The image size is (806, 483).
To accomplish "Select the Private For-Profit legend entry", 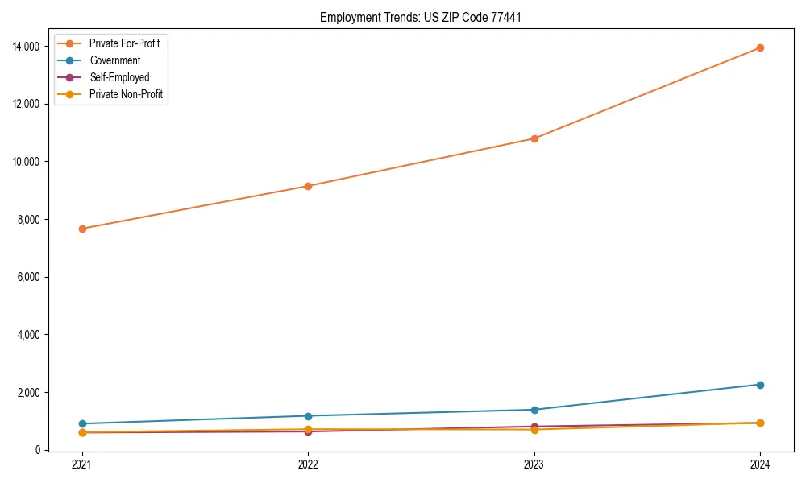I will click(x=124, y=43).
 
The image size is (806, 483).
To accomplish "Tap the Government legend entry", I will click(x=114, y=60).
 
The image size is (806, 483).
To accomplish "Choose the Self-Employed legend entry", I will click(x=119, y=77).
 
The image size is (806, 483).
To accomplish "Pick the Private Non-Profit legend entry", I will click(x=126, y=94).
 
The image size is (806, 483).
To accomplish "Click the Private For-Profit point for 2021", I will click(x=82, y=229).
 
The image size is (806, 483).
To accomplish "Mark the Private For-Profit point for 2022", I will click(x=308, y=186).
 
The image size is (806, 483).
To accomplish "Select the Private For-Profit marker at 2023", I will click(x=534, y=138).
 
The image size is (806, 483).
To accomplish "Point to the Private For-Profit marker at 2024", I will click(x=760, y=47).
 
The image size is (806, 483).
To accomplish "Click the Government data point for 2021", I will click(x=82, y=423).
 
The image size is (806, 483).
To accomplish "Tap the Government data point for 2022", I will click(x=308, y=416).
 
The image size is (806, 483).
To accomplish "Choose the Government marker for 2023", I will click(x=534, y=410).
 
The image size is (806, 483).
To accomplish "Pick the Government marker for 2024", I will click(x=760, y=385).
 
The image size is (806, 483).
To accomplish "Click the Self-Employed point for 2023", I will click(x=534, y=427).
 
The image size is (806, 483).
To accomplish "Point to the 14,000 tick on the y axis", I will click(x=27, y=47).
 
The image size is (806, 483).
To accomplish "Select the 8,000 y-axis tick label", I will click(x=29, y=220).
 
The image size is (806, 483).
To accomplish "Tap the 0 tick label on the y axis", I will click(x=38, y=450).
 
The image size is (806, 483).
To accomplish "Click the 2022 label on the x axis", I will click(x=308, y=464).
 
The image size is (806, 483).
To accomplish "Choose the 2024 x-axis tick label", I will click(x=760, y=464).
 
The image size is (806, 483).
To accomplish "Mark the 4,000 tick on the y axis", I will click(x=29, y=335).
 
